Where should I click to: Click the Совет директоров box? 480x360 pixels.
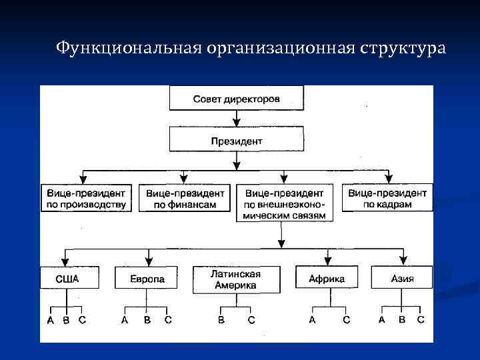237,99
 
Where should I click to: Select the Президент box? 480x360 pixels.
237,141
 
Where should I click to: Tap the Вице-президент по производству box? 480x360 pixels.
87,198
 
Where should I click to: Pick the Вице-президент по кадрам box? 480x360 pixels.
387,198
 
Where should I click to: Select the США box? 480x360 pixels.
69,278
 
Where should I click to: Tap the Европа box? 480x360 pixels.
148,278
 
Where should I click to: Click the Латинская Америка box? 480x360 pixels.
236,280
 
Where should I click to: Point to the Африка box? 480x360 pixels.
327,278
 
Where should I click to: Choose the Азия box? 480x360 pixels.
402,278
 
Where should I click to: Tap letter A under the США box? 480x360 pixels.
51,321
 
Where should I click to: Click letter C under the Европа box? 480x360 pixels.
168,321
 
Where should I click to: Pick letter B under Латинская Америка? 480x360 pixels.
221,321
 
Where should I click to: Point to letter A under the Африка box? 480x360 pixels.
312,321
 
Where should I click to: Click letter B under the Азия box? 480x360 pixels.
402,321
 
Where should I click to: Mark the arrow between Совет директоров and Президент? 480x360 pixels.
237,119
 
